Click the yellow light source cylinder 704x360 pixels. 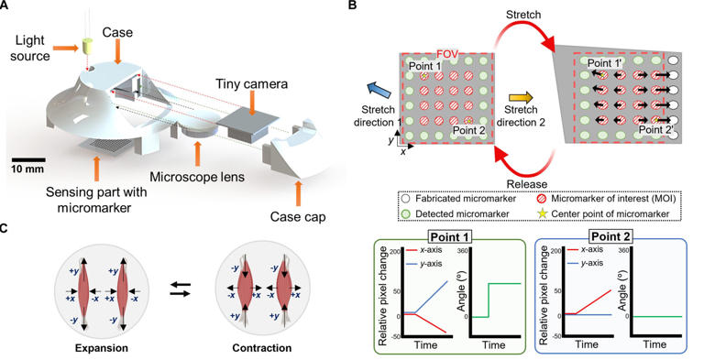point(87,45)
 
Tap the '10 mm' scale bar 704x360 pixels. point(27,159)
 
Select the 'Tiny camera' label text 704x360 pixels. point(251,84)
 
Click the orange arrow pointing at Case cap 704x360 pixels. point(298,193)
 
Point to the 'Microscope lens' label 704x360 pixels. point(197,177)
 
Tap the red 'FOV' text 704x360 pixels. point(447,54)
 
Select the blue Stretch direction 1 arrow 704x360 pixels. point(376,90)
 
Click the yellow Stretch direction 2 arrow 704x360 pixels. point(520,97)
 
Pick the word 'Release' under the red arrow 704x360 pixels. point(526,184)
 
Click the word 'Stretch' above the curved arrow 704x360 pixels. point(523,15)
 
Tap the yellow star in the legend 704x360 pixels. point(543,213)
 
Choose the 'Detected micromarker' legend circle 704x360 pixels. point(406,214)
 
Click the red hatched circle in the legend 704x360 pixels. point(543,198)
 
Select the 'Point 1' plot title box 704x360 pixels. point(448,236)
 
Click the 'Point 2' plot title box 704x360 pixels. point(611,236)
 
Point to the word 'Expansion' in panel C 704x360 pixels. point(102,348)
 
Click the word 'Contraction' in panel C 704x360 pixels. point(262,348)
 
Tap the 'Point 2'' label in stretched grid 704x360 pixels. point(655,129)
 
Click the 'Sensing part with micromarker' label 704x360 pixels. point(96,201)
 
